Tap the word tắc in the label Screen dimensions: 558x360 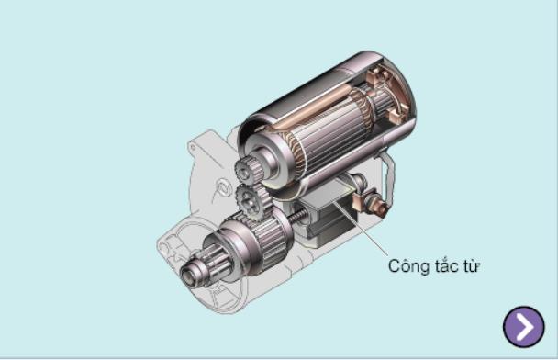pos(446,265)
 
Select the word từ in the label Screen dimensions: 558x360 pos(471,266)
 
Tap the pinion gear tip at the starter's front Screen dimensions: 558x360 pos(190,274)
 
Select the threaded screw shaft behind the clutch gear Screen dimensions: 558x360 pos(298,216)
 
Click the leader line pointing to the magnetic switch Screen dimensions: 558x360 pos(361,229)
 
